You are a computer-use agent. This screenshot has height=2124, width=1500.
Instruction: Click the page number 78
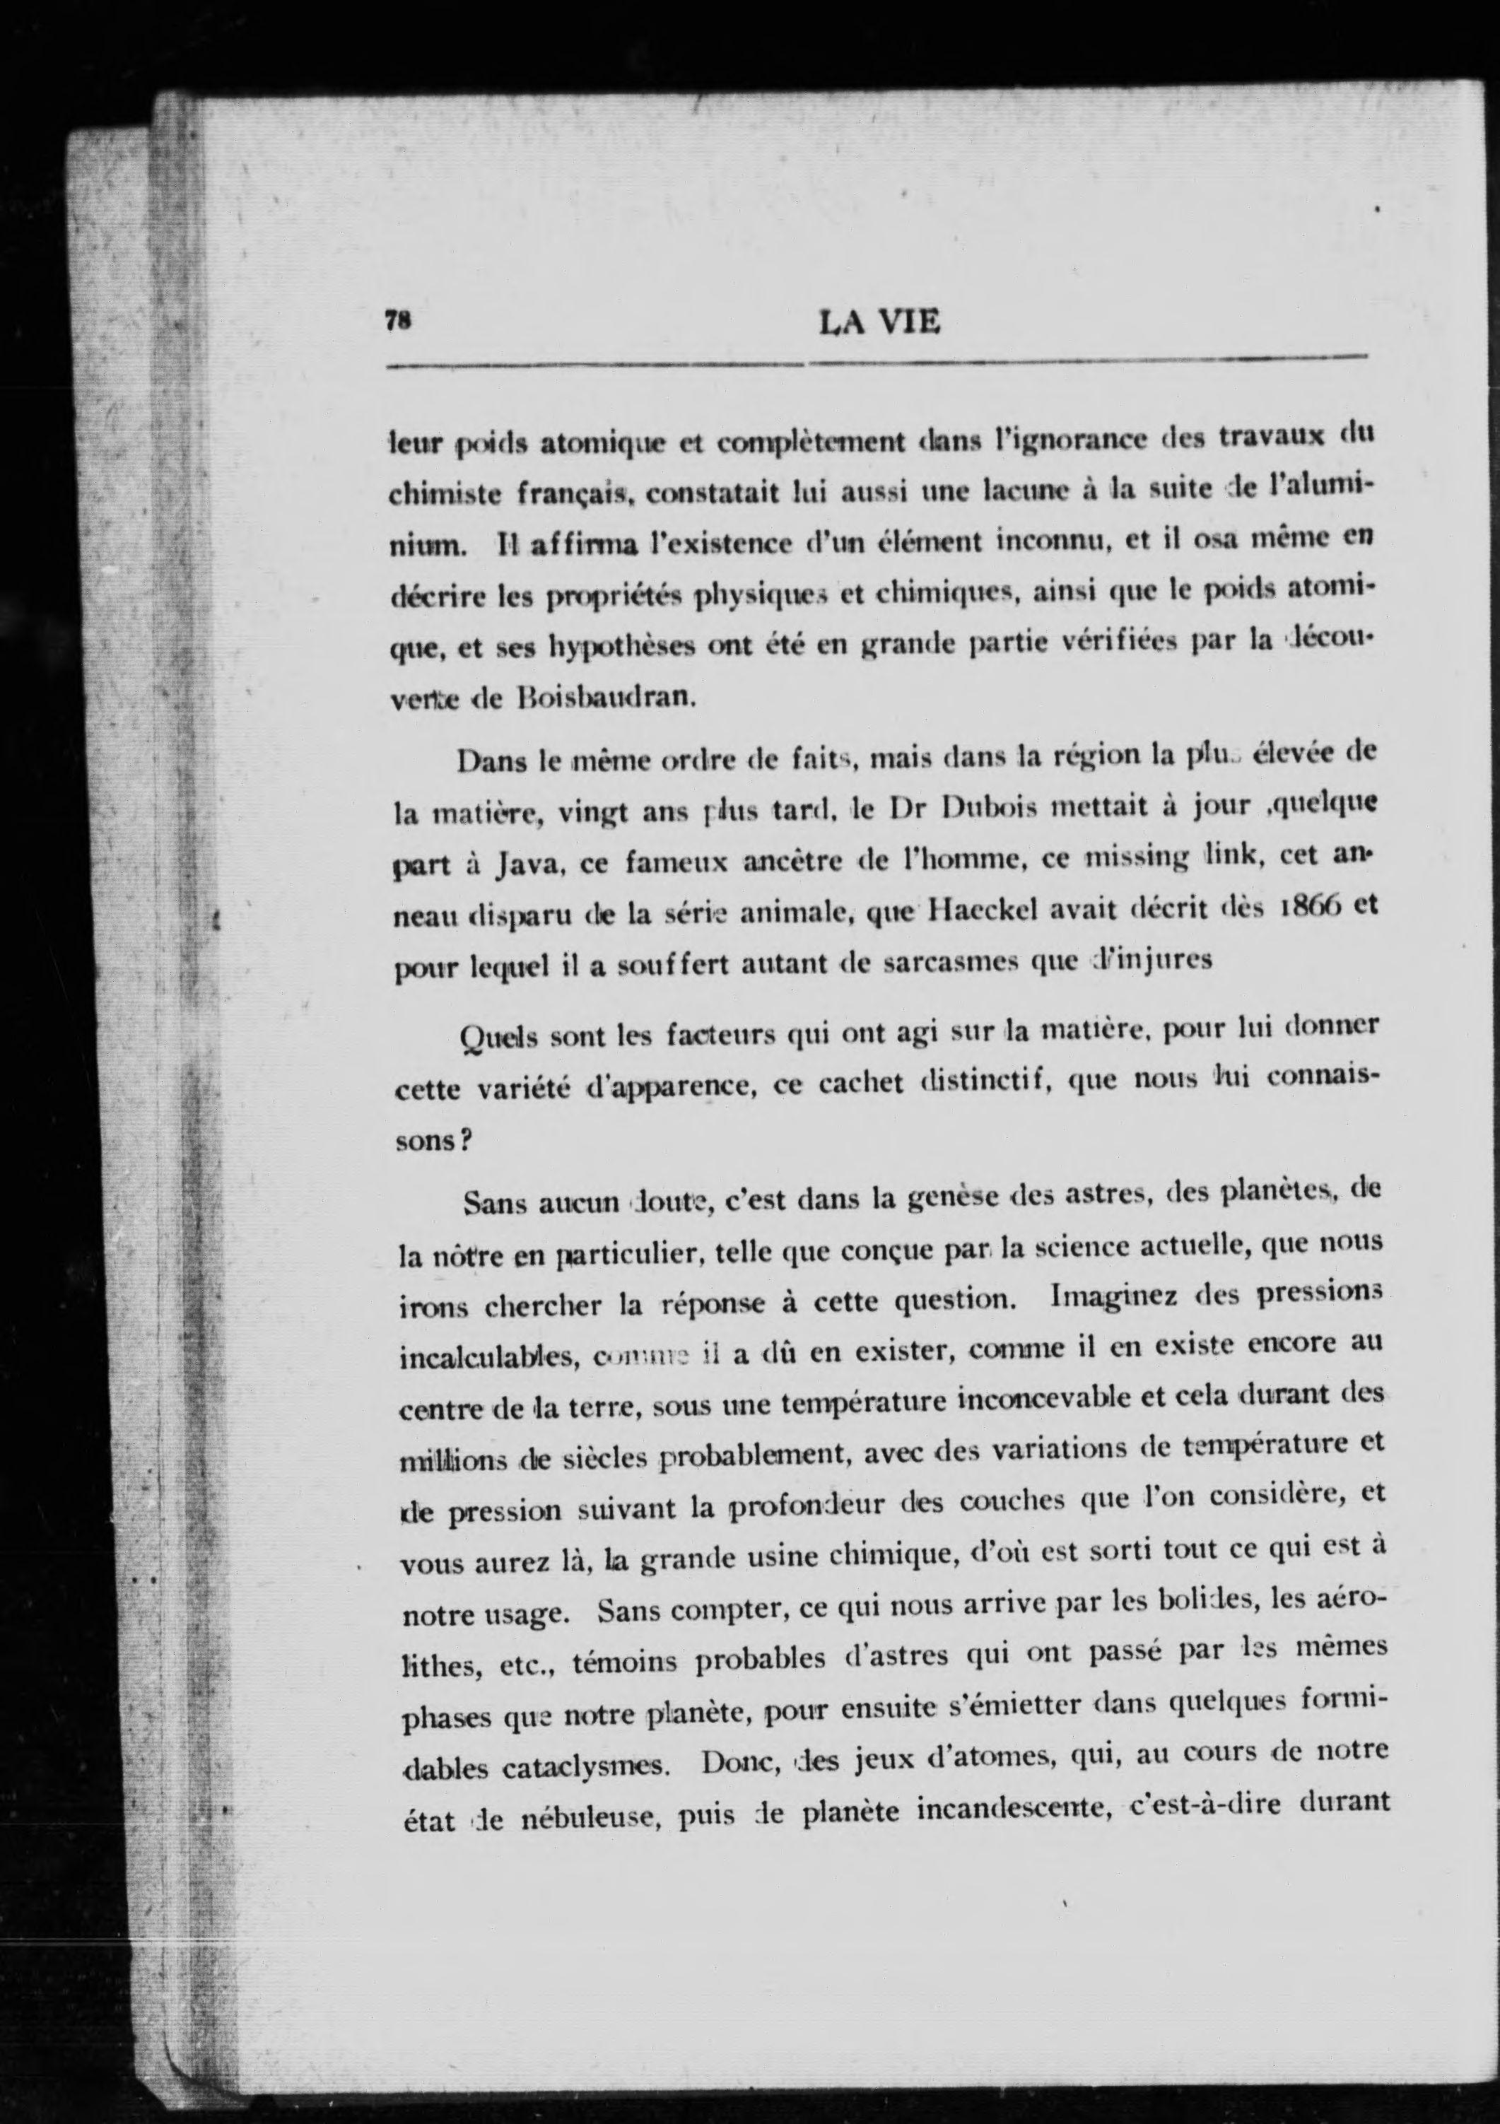pyautogui.click(x=398, y=320)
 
